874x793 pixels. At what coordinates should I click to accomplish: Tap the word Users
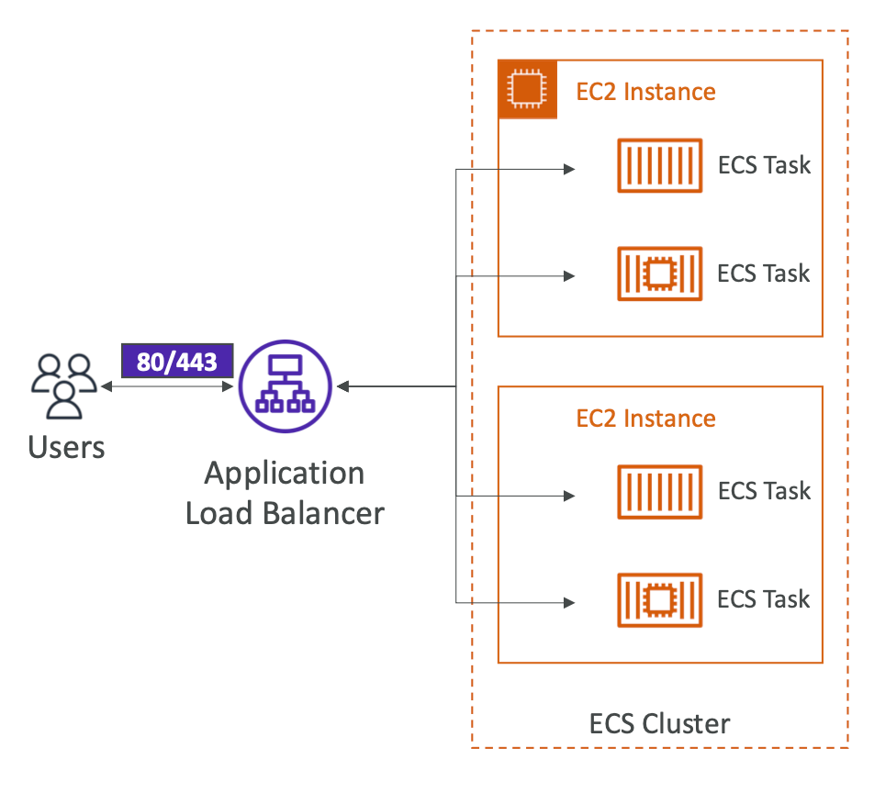[x=66, y=447]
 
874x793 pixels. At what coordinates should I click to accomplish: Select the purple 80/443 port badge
[x=177, y=362]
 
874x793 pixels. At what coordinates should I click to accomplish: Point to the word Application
[x=285, y=474]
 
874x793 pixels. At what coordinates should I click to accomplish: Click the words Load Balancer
[x=285, y=512]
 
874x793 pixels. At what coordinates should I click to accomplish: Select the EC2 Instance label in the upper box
[x=645, y=92]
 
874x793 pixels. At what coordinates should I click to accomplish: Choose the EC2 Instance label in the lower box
[x=645, y=419]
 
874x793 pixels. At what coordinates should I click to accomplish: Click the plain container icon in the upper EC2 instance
[x=660, y=165]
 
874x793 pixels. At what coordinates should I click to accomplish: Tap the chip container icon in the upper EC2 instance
[x=660, y=274]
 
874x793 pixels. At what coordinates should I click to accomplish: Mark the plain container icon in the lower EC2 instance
[x=660, y=492]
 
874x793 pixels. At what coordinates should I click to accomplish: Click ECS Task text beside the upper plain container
[x=764, y=165]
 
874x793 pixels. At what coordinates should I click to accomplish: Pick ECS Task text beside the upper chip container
[x=764, y=274]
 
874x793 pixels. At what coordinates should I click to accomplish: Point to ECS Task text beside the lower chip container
[x=764, y=600]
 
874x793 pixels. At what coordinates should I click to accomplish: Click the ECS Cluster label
[x=659, y=723]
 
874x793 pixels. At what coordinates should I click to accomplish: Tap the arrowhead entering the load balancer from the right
[x=344, y=387]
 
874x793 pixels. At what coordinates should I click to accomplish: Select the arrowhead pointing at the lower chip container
[x=569, y=603]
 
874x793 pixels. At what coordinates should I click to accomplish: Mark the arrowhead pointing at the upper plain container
[x=569, y=169]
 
